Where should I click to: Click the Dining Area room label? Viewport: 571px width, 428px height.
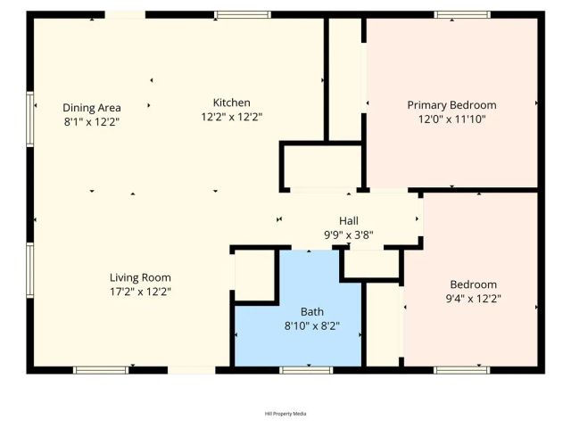92,108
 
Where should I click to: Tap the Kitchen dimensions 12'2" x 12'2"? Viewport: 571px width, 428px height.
231,117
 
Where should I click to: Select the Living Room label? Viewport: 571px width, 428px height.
140,277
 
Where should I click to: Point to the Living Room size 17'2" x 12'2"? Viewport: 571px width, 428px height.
140,291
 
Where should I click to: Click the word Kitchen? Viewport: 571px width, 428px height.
231,103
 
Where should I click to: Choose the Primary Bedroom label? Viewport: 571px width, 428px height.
451,105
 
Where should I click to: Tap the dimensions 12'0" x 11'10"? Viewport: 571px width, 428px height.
451,119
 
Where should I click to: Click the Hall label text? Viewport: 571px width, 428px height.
348,221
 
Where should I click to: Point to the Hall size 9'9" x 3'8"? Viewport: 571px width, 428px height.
348,235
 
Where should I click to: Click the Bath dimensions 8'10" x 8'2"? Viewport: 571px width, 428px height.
311,326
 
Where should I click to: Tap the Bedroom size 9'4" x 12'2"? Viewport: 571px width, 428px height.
474,300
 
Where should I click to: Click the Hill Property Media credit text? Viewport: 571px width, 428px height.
285,414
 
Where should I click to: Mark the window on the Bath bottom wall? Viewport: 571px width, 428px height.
306,369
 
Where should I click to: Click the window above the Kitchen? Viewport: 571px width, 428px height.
243,14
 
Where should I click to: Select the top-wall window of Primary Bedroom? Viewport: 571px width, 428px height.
462,14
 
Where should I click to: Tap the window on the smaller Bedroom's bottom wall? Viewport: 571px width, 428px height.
461,369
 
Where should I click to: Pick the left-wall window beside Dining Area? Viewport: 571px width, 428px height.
29,119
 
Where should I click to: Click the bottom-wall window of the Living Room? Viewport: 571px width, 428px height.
101,369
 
